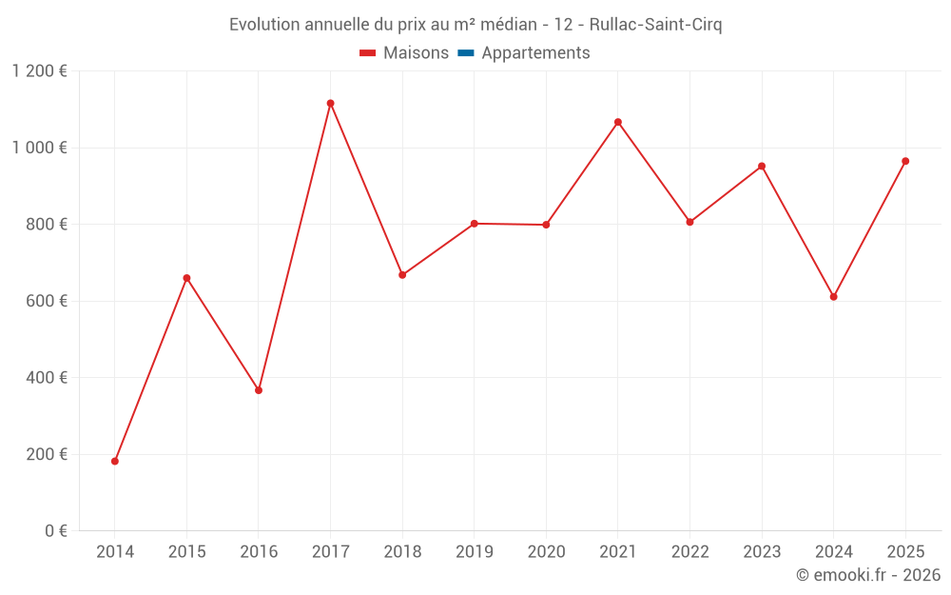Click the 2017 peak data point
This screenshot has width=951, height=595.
pos(330,103)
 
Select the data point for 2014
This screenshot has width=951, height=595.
pos(115,461)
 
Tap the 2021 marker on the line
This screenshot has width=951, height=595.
pos(618,122)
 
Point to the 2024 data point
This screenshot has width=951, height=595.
pos(833,296)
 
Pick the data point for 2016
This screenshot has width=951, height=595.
pos(259,390)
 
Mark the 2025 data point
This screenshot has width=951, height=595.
pos(905,161)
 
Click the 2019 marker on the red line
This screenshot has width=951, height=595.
pos(474,224)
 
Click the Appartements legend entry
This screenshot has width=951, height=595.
pos(535,53)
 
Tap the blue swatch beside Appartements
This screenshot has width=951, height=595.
pos(466,53)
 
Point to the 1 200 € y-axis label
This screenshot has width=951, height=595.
pos(40,71)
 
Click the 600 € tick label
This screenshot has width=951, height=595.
pos(46,301)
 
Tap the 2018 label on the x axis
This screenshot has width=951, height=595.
pos(402,552)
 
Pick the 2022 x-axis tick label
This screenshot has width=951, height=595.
pos(689,552)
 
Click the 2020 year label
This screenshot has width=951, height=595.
pos(546,552)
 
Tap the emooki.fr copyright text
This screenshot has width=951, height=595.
pos(868,575)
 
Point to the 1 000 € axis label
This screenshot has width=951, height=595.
pos(40,148)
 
